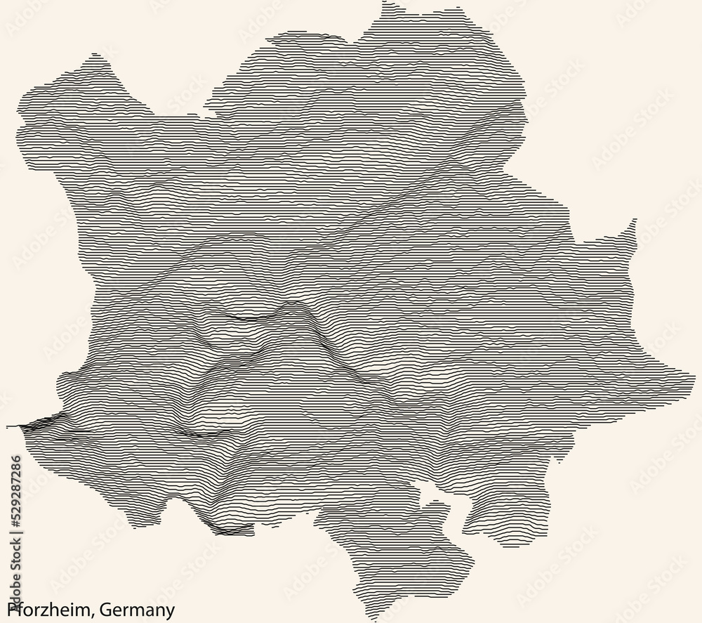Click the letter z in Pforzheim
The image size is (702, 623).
[44, 608]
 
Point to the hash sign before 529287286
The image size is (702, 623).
[14, 529]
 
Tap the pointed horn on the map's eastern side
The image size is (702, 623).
[633, 223]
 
